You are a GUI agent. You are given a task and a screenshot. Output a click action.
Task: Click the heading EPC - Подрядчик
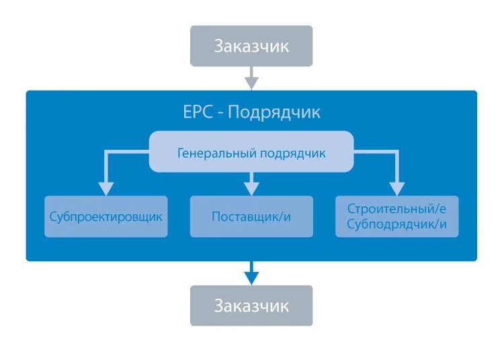click(251, 111)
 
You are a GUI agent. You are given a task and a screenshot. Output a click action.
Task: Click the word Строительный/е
click(397, 209)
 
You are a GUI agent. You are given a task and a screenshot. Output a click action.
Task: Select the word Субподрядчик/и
click(397, 224)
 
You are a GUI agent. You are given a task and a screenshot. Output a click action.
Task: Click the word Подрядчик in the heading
click(274, 111)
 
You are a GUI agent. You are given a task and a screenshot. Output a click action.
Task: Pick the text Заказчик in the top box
click(251, 46)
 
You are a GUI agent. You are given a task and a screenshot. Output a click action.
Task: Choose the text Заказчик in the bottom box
click(251, 306)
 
